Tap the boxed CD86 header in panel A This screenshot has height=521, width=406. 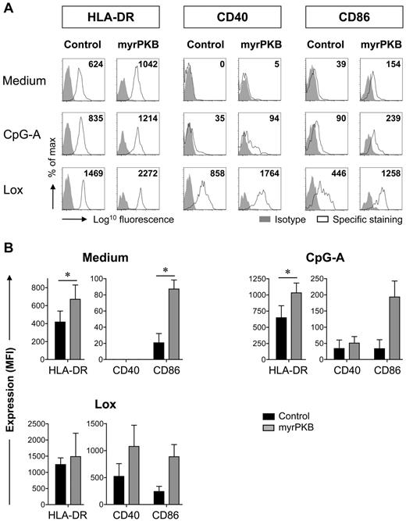(346, 17)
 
